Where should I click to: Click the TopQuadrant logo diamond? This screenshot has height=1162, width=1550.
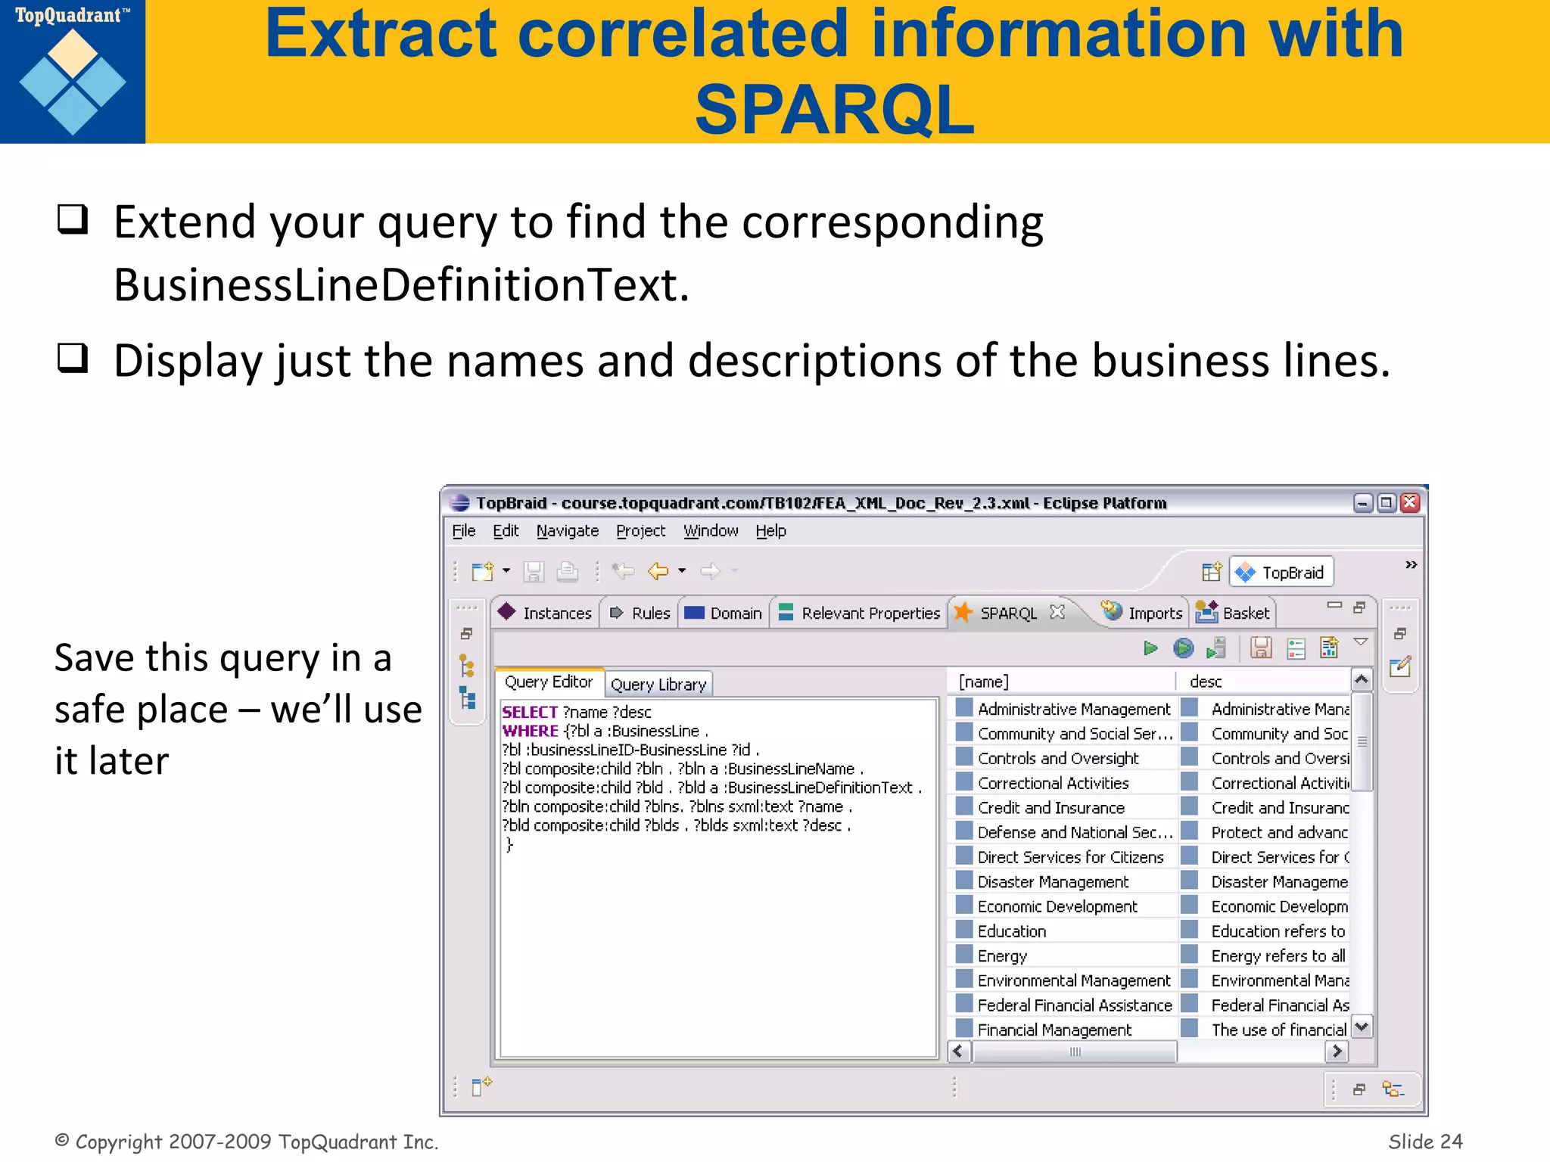click(73, 82)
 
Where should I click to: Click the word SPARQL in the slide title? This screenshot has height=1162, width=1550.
click(834, 110)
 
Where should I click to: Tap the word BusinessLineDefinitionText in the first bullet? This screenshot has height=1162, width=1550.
click(401, 286)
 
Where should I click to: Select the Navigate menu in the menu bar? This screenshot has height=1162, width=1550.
click(567, 531)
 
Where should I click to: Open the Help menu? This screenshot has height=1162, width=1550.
click(770, 531)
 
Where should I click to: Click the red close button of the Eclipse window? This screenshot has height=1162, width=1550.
click(1409, 503)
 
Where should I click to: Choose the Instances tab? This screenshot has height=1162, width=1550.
click(546, 613)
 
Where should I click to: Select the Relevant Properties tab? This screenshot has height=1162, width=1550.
click(860, 613)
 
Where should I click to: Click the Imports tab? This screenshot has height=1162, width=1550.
click(1143, 613)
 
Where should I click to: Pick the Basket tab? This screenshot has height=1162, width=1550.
click(1235, 613)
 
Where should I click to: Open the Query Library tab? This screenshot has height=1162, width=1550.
click(658, 685)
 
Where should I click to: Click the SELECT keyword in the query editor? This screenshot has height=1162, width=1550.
click(530, 712)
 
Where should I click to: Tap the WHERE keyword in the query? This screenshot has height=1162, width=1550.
click(530, 731)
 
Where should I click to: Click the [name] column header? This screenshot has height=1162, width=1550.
click(983, 682)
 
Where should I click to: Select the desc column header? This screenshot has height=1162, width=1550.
click(1206, 682)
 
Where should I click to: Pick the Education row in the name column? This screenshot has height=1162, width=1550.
click(1011, 931)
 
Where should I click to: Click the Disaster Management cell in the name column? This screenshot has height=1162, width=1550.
click(1052, 882)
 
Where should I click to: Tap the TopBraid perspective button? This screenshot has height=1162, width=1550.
click(1282, 573)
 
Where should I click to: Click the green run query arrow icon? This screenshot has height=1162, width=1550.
click(1150, 648)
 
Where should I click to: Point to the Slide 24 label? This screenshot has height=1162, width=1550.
click(1425, 1141)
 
